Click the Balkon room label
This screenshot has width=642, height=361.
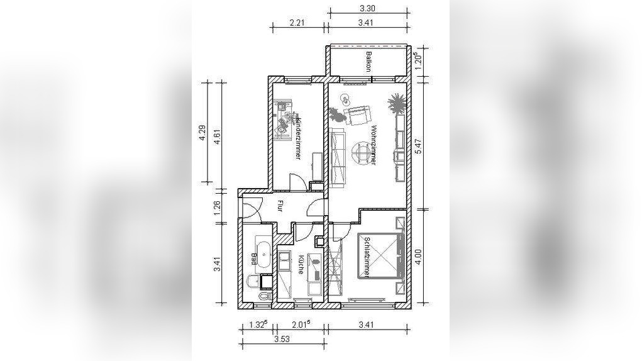point(368,62)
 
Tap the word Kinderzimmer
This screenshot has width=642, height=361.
point(298,138)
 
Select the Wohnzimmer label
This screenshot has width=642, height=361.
point(373,146)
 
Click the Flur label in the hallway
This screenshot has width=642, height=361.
point(280,206)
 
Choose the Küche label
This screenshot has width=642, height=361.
point(301,264)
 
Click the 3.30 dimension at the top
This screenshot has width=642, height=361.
point(367,8)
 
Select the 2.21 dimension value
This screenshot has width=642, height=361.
point(297,23)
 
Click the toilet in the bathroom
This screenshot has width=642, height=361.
point(265,296)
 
